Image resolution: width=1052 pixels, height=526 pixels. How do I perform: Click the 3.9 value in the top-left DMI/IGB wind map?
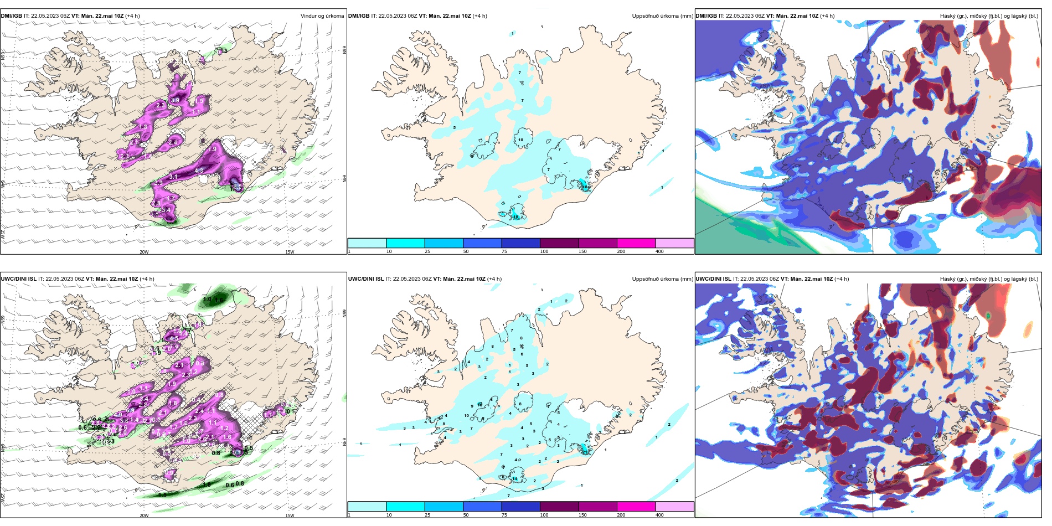175,100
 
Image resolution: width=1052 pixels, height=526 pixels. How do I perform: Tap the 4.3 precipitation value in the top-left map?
199,171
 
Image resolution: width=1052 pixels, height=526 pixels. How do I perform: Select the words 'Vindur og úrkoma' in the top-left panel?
322,16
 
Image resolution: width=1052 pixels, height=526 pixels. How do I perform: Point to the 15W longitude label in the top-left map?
290,252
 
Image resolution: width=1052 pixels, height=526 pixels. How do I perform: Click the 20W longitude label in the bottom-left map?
144,515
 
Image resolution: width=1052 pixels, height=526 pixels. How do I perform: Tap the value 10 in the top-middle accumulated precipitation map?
520,140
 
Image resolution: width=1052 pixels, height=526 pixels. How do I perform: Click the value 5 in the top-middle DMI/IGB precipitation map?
455,128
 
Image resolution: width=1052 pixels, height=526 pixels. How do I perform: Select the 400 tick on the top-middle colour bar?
659,251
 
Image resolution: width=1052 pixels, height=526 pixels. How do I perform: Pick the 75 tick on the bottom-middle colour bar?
504,515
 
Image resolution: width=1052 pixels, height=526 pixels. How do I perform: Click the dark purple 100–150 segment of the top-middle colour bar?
559,243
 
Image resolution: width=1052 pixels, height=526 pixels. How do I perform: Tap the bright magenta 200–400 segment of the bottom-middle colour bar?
636,507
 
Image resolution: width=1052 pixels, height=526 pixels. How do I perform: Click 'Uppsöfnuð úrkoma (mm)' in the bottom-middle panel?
662,279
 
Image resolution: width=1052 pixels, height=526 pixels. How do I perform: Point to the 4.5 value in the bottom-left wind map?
174,338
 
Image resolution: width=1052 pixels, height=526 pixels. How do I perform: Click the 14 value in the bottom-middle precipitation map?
515,479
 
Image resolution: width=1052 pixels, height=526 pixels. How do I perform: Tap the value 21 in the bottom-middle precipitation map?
585,452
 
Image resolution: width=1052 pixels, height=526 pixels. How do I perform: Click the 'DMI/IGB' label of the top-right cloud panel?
706,16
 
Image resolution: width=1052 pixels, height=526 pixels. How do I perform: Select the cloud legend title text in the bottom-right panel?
988,279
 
